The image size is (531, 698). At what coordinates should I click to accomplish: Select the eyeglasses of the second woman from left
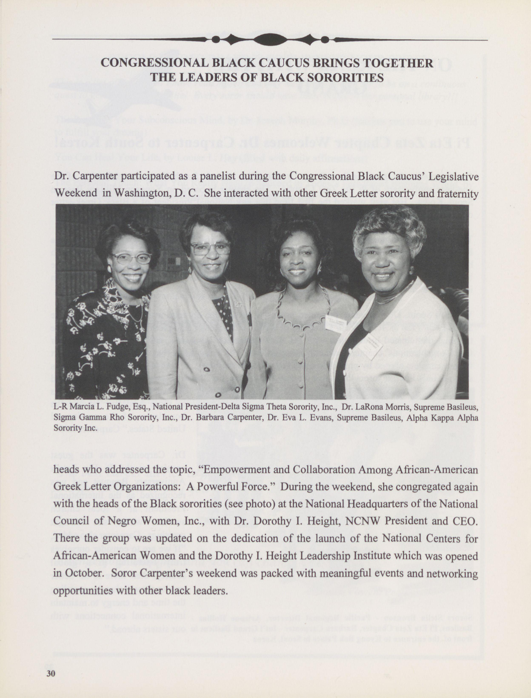pyautogui.click(x=210, y=248)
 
